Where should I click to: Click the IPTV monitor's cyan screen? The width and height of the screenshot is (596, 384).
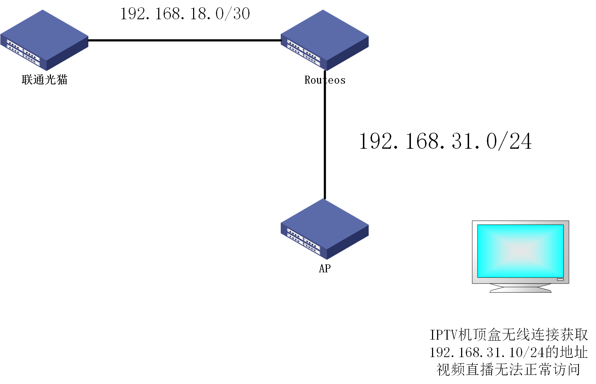[520, 251]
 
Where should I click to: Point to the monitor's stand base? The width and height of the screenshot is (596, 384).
[520, 289]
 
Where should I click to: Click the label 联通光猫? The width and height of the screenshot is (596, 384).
[44, 80]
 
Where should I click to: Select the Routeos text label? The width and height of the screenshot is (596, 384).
[325, 80]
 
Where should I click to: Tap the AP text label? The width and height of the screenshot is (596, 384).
[325, 269]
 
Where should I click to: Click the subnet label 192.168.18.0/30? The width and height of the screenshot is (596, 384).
[185, 14]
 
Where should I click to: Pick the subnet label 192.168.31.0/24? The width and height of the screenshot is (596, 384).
[445, 141]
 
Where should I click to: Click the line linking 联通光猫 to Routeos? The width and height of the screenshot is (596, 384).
[184, 40]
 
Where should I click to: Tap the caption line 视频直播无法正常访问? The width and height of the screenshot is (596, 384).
[508, 369]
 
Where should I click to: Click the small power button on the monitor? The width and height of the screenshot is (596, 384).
[560, 279]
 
